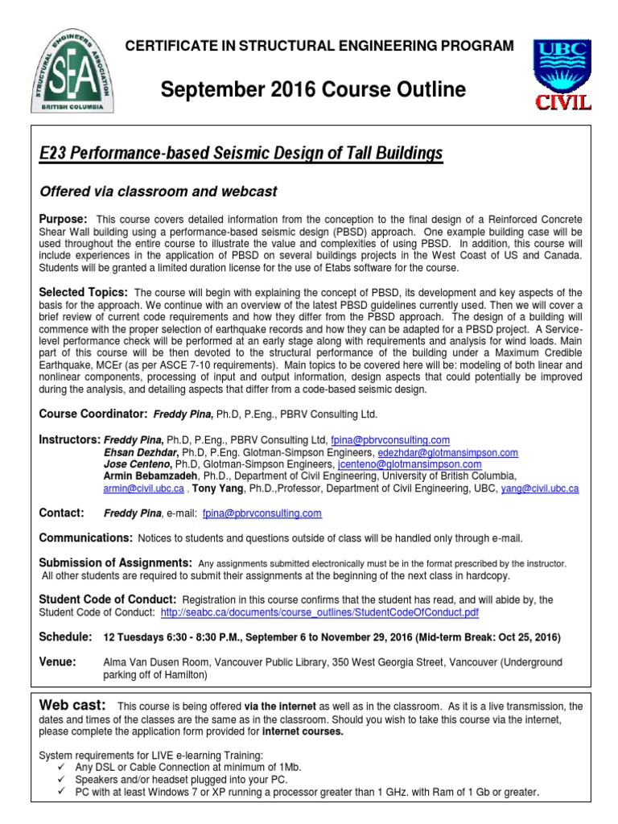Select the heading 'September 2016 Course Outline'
313,89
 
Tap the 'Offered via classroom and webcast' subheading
159,192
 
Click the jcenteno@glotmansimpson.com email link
410,464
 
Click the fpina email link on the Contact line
262,513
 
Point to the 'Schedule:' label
65,637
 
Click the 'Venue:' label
57,661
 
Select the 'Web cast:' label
72,705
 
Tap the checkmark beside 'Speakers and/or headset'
62,779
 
